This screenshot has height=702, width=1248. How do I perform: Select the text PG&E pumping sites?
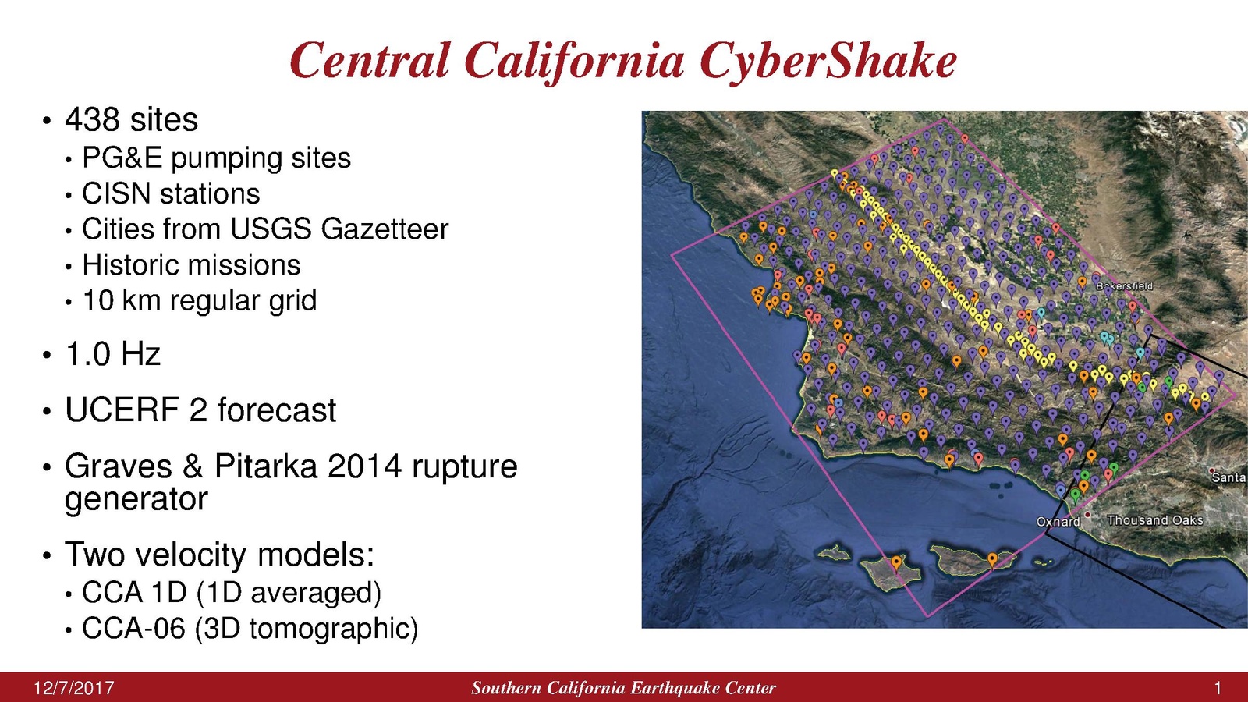pyautogui.click(x=216, y=158)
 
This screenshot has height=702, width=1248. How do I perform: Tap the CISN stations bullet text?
pyautogui.click(x=171, y=193)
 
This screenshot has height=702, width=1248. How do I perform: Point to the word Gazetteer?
pyautogui.click(x=385, y=229)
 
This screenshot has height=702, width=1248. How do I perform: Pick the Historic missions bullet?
pyautogui.click(x=191, y=264)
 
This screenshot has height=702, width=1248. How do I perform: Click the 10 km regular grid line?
pyautogui.click(x=200, y=301)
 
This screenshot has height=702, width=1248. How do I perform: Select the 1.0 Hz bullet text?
pyautogui.click(x=113, y=353)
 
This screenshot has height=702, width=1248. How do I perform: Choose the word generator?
pyautogui.click(x=136, y=498)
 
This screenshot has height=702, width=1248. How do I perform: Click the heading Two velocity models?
pyautogui.click(x=219, y=554)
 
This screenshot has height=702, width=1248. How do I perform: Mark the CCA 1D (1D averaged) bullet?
pyautogui.click(x=232, y=592)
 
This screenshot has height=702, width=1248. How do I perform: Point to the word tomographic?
pyautogui.click(x=328, y=629)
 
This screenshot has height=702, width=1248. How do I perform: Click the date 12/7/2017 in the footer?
pyautogui.click(x=74, y=688)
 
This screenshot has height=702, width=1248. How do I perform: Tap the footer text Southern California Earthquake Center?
pyautogui.click(x=623, y=688)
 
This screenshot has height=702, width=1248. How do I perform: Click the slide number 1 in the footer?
pyautogui.click(x=1218, y=688)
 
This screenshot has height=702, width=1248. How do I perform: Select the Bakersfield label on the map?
pyautogui.click(x=1124, y=285)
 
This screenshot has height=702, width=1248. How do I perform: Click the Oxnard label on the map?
pyautogui.click(x=1058, y=522)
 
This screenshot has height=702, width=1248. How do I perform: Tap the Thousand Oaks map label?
pyautogui.click(x=1155, y=519)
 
